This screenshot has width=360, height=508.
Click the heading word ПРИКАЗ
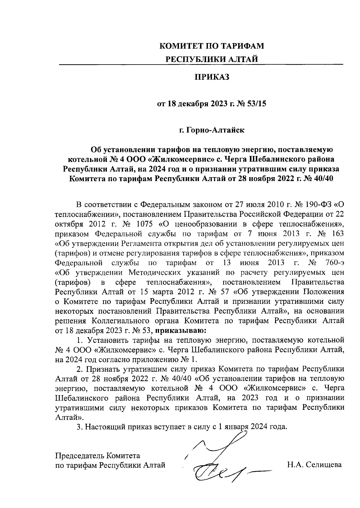[212, 77]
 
